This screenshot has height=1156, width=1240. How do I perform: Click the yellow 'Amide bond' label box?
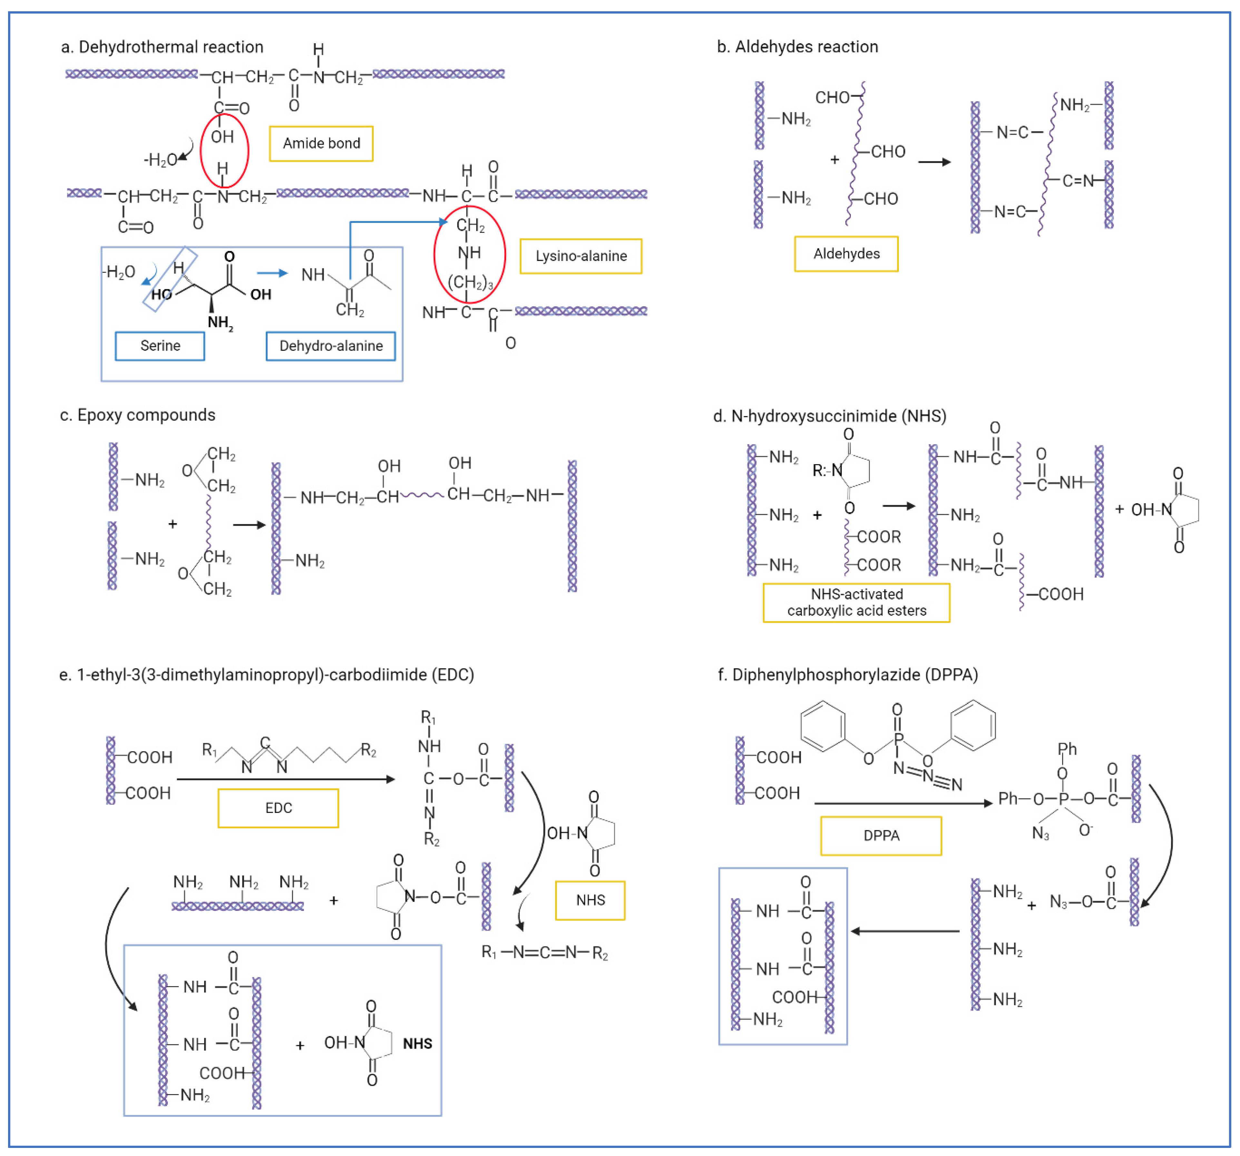click(321, 144)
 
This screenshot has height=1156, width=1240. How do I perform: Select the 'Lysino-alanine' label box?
click(581, 256)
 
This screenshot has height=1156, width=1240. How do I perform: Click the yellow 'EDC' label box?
click(278, 808)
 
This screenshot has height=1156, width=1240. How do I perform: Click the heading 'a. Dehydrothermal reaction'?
click(162, 47)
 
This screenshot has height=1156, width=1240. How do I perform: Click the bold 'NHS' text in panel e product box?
click(417, 1044)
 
